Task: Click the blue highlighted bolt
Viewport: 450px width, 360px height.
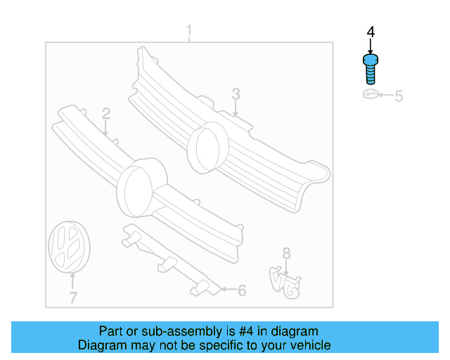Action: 371,70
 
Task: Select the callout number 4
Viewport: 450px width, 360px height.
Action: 371,33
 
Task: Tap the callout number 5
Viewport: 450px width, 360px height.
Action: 398,96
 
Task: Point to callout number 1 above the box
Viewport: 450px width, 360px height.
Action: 188,32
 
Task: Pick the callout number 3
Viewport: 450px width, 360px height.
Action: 236,94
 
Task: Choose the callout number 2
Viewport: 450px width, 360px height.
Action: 105,113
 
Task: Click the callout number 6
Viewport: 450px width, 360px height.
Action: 242,290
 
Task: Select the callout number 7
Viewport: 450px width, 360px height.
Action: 72,298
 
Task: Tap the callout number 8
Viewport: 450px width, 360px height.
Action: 285,253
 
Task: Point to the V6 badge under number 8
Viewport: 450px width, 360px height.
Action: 285,281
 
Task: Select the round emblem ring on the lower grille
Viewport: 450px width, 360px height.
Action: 139,186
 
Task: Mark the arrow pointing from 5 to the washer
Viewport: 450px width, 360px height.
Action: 385,96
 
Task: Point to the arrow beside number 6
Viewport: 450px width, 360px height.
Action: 227,289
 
